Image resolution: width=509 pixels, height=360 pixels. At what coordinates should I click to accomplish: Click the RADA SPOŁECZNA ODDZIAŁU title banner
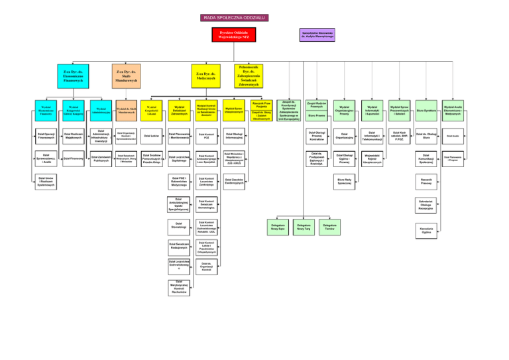(254, 17)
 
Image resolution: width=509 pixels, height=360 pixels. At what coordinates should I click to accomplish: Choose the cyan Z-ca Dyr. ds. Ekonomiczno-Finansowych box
(72, 76)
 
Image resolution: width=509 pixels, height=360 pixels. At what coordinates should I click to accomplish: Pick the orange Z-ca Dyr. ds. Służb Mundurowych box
(126, 76)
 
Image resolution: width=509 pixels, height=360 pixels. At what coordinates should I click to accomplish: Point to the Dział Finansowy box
(72, 158)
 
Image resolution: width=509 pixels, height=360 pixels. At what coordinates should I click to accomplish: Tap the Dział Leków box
(151, 136)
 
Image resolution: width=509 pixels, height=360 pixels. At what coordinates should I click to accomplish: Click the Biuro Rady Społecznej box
(345, 180)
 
